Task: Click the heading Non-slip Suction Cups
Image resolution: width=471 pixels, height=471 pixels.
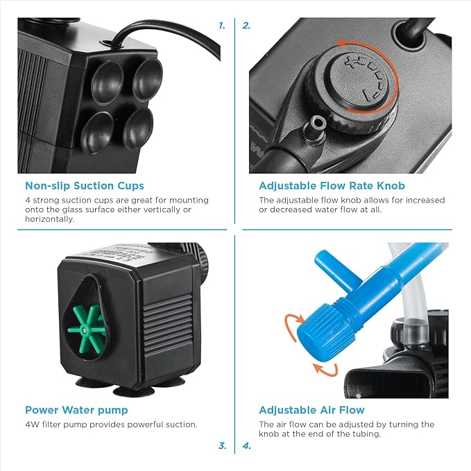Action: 85,185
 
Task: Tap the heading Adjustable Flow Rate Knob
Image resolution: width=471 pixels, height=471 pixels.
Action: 332,185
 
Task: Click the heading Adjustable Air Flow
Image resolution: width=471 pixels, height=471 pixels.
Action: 311,410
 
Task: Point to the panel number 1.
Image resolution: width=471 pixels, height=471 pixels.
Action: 222,26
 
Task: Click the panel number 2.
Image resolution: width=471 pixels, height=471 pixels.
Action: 246,26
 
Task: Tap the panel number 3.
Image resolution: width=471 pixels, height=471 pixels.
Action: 222,446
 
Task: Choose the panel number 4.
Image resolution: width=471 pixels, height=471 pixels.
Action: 247,446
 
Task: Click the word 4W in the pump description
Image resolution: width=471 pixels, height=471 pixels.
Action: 31,425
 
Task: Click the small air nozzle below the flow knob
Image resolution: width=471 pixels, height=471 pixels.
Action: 319,123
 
